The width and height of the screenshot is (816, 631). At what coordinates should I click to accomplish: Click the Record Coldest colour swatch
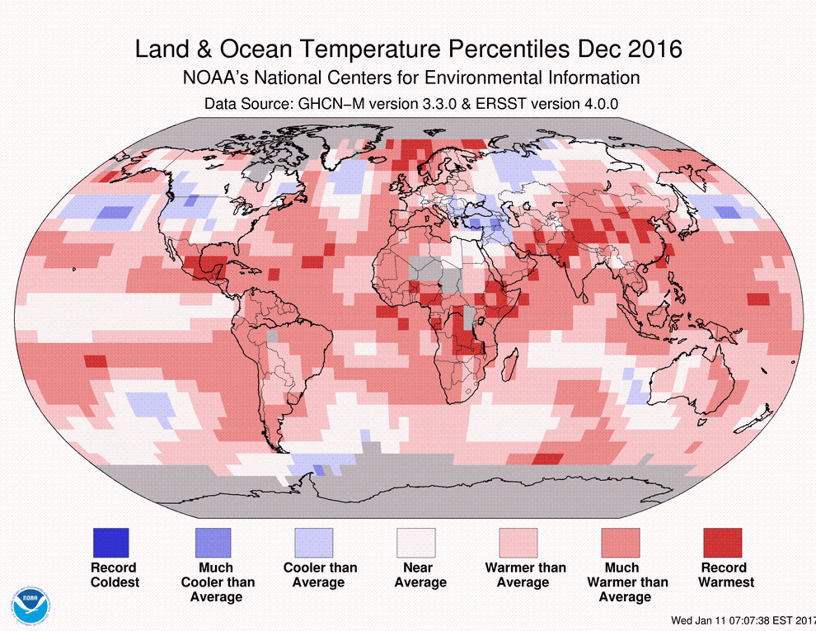110,543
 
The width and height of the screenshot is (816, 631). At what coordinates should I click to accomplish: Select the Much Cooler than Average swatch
212,543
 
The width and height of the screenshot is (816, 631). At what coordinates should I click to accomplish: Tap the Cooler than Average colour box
314,543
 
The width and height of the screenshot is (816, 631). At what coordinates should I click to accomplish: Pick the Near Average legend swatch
416,543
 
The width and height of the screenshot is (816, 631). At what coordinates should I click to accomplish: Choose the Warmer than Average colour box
518,543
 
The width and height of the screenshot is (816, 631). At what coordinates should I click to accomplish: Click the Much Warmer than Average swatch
621,543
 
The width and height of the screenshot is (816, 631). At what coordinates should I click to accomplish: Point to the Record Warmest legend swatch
723,543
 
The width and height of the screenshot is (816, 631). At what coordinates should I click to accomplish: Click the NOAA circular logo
30,604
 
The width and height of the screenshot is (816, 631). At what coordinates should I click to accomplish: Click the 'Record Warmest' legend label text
725,575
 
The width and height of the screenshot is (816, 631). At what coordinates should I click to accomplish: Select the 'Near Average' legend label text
420,575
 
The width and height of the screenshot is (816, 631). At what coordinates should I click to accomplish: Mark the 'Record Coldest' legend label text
114,575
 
